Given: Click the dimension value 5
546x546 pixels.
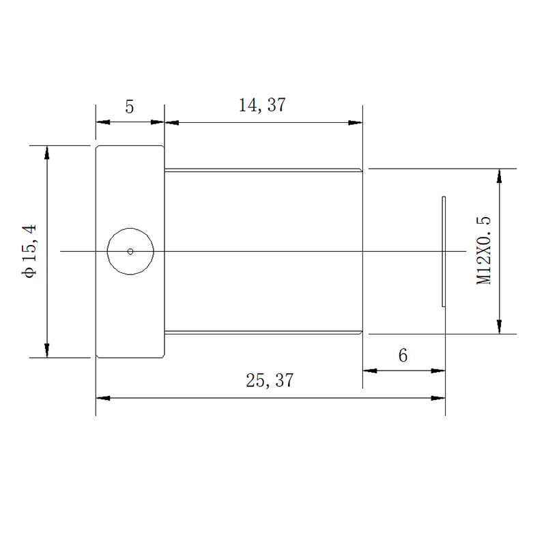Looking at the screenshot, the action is click(130, 106).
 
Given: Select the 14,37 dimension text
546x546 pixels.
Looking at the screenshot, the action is click(262, 105).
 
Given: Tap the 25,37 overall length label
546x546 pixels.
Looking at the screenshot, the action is click(270, 380).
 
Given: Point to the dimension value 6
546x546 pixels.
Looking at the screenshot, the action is click(403, 356).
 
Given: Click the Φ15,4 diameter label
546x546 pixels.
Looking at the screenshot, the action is click(29, 251).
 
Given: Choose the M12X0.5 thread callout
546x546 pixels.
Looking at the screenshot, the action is click(483, 250).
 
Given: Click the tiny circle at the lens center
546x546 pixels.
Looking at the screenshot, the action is click(130, 251).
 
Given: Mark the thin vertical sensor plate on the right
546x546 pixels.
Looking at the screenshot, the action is click(444, 251).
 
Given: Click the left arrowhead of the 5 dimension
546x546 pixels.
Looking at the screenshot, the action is click(103, 122).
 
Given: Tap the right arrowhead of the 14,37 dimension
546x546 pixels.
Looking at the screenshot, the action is click(356, 123).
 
